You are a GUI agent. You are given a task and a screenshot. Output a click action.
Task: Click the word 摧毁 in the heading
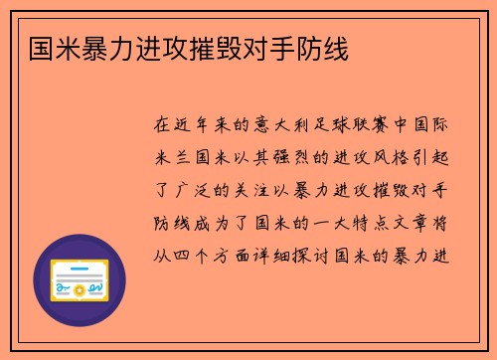(x=208, y=47)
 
